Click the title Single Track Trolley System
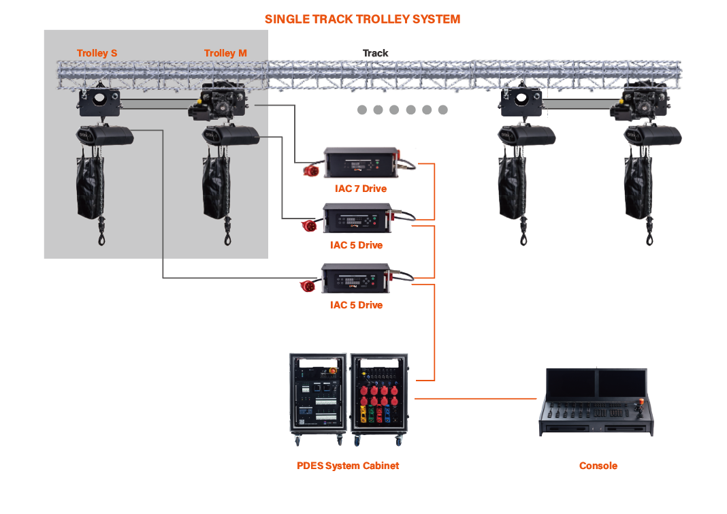[362, 19]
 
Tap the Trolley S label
[97, 53]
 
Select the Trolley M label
[225, 53]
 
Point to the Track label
[375, 53]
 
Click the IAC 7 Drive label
[360, 189]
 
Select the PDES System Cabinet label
[348, 466]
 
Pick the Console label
[598, 466]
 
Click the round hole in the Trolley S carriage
[99, 97]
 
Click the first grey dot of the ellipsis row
[361, 110]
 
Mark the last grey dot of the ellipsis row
[443, 110]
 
